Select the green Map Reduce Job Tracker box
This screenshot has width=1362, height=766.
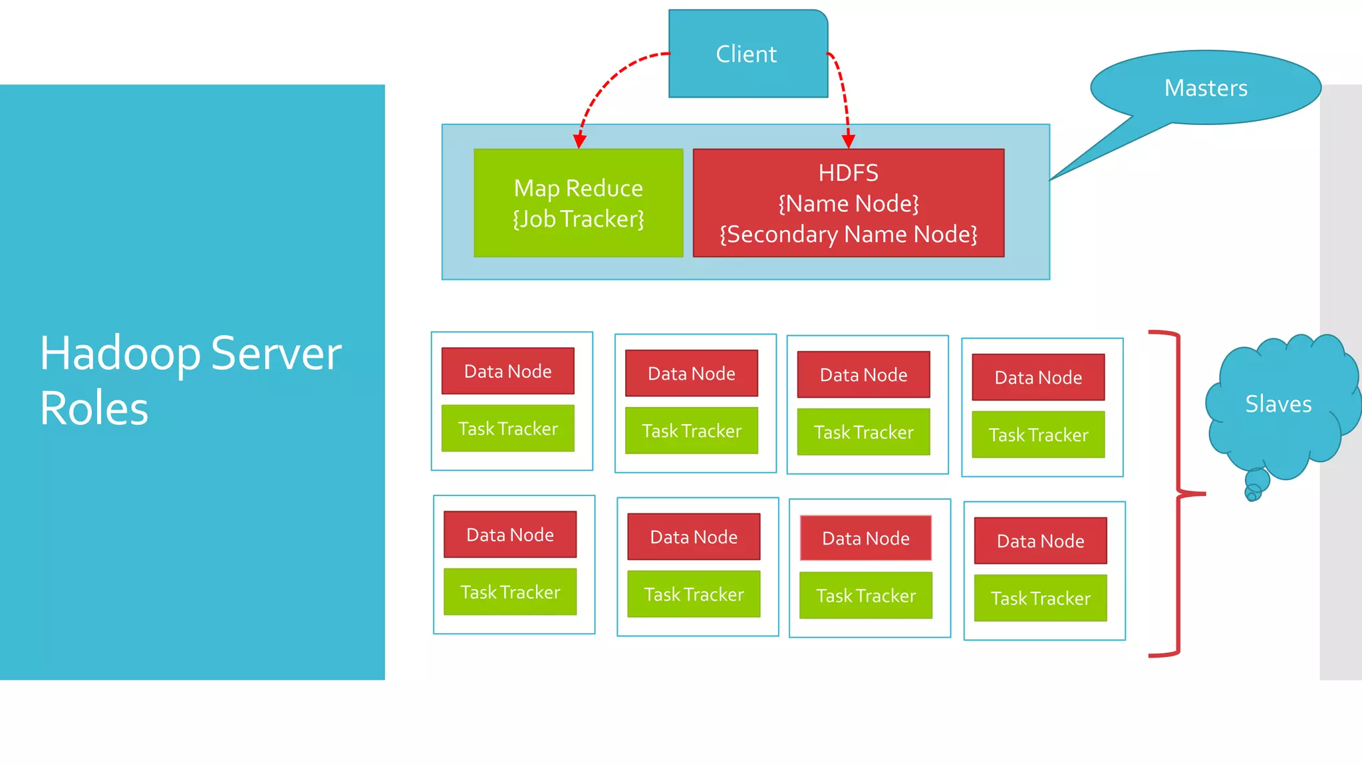click(x=578, y=203)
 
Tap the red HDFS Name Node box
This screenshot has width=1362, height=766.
click(x=848, y=203)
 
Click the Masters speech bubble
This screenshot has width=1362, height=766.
click(x=1205, y=88)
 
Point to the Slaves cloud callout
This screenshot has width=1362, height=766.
click(x=1278, y=404)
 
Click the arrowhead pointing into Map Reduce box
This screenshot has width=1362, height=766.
click(x=579, y=141)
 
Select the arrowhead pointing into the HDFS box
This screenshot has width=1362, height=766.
click(x=848, y=141)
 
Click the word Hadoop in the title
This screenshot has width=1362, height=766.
click(x=120, y=353)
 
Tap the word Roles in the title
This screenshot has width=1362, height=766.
click(x=94, y=408)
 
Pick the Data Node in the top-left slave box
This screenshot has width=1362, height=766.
click(x=507, y=371)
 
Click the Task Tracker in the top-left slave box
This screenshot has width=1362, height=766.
click(x=507, y=428)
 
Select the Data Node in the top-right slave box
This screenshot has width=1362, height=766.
click(x=1038, y=377)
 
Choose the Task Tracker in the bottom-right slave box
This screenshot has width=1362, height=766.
click(x=1040, y=598)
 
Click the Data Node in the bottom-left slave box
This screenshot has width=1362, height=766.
click(x=510, y=535)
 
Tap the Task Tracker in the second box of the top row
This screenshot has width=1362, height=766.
click(x=692, y=431)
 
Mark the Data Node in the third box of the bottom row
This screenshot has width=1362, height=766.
click(x=865, y=538)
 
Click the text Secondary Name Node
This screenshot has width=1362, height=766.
click(x=848, y=234)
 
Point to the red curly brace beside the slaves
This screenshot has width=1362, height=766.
click(x=1178, y=493)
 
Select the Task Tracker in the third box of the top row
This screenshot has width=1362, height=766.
click(x=863, y=432)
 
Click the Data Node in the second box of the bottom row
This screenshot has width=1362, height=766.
click(x=694, y=537)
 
